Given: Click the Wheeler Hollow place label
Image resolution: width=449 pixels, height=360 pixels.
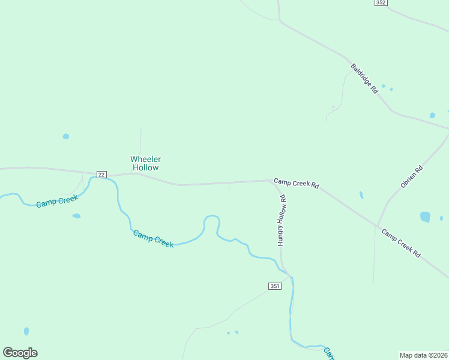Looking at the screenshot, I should coord(145,163).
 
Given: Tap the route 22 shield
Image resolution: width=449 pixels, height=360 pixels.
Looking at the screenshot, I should coord(101,174).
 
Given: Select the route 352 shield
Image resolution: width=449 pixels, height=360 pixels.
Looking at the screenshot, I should coord(380,3).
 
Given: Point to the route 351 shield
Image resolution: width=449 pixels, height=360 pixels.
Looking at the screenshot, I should coord(275,287).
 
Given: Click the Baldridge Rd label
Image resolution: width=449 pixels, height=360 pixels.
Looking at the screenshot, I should coord(364,79).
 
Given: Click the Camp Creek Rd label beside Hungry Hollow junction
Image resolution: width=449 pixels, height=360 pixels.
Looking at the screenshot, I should coord(296,183).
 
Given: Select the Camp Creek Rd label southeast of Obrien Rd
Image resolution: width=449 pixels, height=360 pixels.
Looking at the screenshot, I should coord(401,244).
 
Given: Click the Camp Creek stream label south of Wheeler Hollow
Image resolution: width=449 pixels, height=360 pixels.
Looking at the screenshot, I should coord(153,239).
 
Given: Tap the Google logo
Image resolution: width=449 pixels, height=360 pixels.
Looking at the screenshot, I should coord(20,352).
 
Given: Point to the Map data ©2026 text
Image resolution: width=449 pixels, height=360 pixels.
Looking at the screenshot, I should coord(423,355).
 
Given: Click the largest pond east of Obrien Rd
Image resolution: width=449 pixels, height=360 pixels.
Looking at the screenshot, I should coord(425,217).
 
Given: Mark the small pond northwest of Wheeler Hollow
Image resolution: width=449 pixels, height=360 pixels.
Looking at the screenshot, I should coord(65,136).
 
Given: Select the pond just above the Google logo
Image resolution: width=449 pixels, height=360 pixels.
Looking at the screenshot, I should coord(26,331).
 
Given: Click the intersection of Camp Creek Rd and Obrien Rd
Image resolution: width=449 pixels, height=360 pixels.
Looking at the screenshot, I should coord(378,226).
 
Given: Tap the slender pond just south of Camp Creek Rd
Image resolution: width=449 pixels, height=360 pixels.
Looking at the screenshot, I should coord(361,195).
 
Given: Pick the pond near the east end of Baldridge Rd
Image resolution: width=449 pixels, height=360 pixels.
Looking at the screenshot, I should coord(432,115).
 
